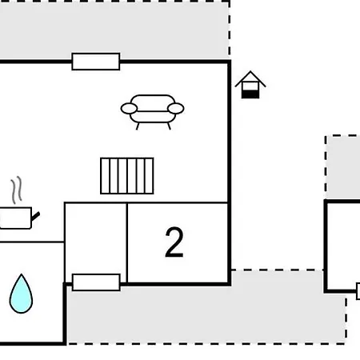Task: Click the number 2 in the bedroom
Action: tap(174, 242)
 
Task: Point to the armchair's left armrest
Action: tap(129, 109)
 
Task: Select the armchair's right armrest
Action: tap(176, 109)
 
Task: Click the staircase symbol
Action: tap(127, 176)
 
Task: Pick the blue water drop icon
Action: tap(21, 294)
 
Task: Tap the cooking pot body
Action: tap(16, 218)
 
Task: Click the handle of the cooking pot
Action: tap(35, 216)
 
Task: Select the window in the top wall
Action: tap(96, 62)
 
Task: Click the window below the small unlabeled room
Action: tap(96, 282)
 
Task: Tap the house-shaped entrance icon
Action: tap(250, 85)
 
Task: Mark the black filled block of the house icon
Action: tap(250, 94)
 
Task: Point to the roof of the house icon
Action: tap(250, 78)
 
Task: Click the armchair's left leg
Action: tap(138, 126)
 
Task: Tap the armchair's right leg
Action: tap(169, 126)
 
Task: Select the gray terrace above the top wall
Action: tap(114, 30)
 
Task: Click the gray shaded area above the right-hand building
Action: tap(343, 167)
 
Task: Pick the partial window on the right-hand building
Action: tap(358, 291)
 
